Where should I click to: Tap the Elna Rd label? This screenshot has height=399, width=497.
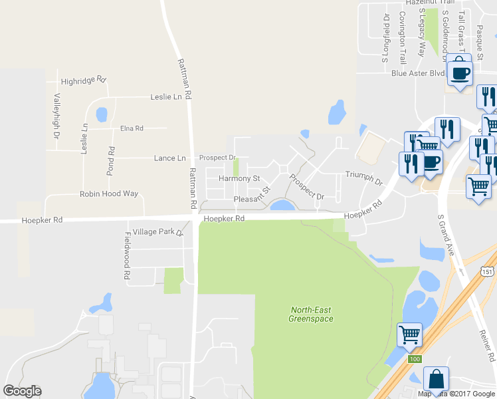click(x=132, y=128)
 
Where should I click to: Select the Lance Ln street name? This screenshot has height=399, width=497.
click(x=169, y=158)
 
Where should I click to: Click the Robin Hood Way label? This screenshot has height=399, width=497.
click(x=109, y=194)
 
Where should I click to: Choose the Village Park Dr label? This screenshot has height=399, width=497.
click(x=157, y=232)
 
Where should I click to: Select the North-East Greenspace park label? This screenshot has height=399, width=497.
click(x=311, y=314)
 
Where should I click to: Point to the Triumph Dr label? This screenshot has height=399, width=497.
click(x=364, y=178)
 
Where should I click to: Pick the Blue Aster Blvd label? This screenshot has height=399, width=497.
click(x=417, y=73)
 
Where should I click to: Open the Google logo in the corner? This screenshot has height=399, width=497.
click(x=22, y=391)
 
